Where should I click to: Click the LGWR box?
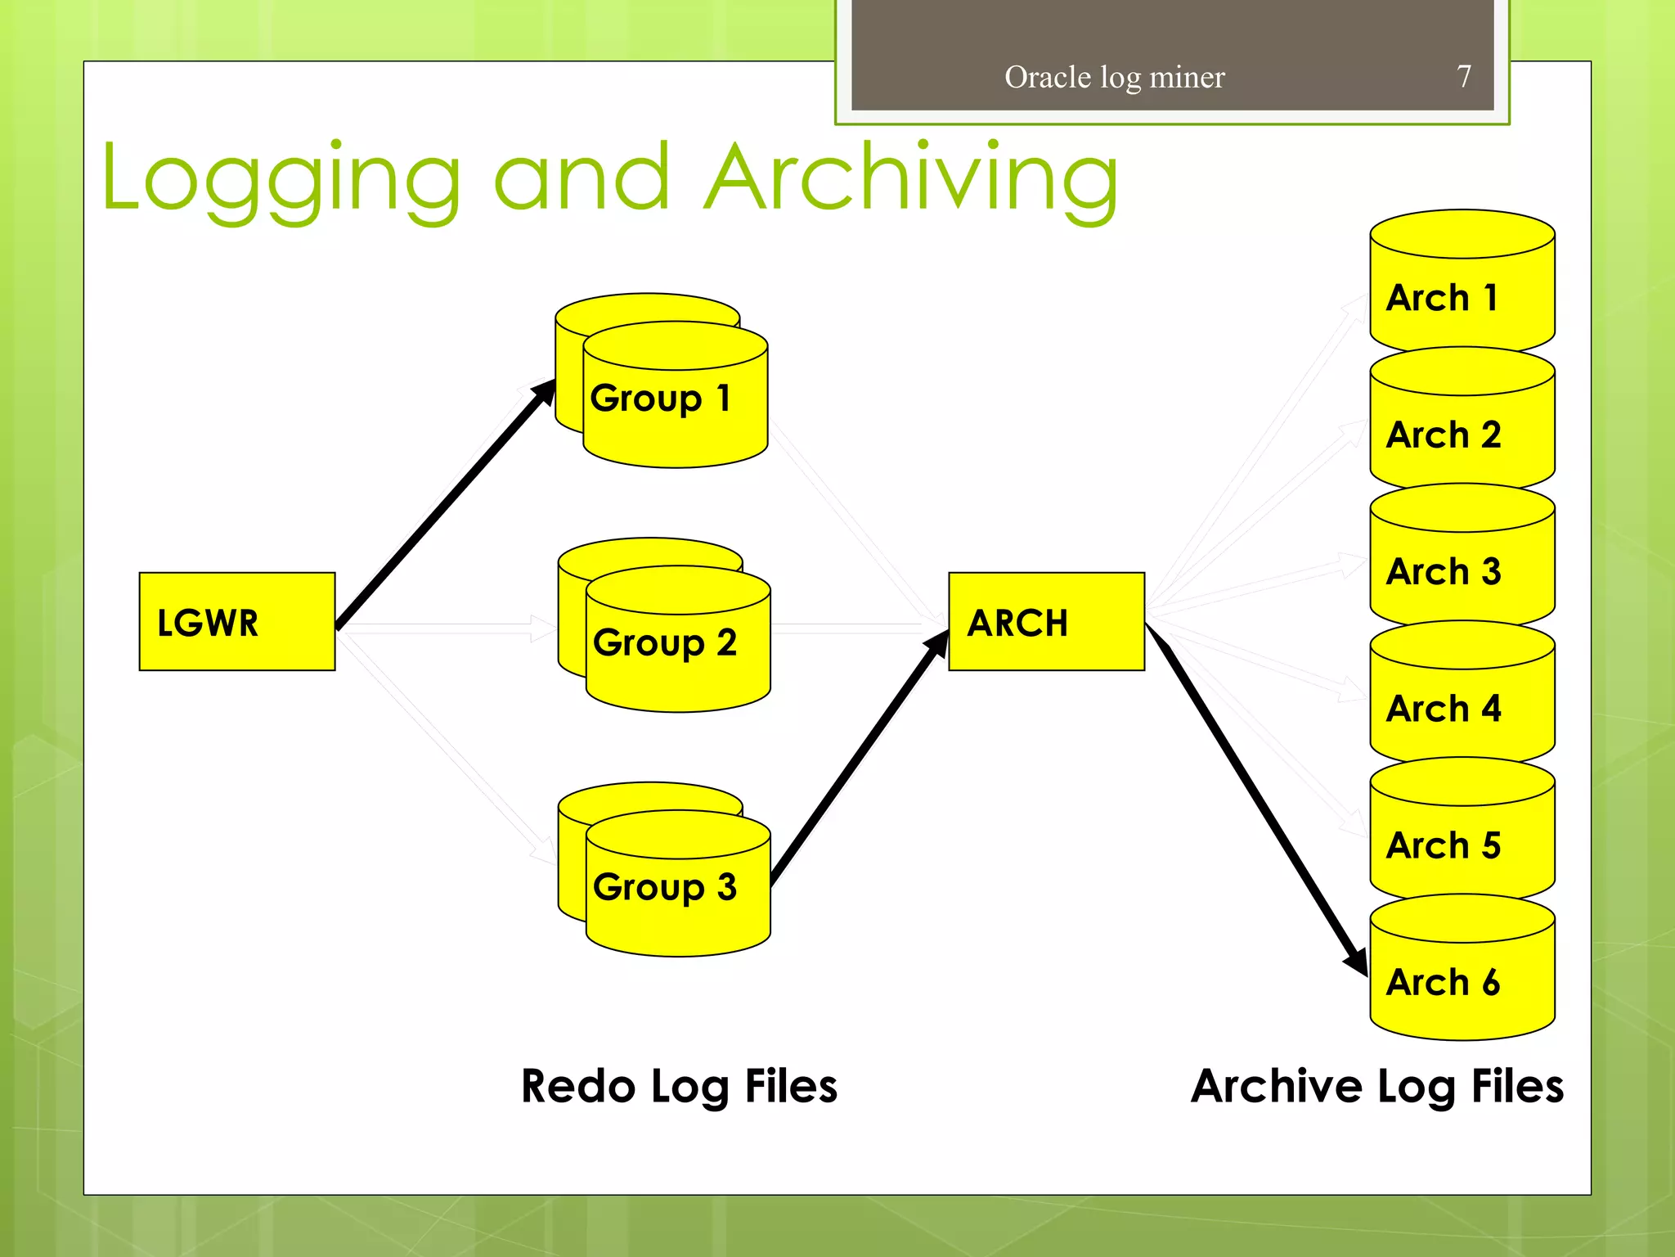pos(236,621)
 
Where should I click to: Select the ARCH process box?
pos(1046,621)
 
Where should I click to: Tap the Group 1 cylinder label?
pos(661,399)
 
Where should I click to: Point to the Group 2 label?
pos(665,642)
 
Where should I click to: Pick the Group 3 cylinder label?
pos(665,887)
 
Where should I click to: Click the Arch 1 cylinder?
pos(1462,298)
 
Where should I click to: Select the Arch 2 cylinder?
pos(1462,435)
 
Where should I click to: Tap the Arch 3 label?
pos(1444,571)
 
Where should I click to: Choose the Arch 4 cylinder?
pos(1462,708)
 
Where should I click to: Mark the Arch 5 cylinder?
pos(1462,845)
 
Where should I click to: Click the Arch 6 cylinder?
pos(1462,982)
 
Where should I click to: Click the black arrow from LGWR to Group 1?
pos(446,504)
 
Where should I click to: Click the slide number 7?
pos(1464,76)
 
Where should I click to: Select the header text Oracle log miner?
pos(1114,77)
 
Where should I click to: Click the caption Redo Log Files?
pos(679,1086)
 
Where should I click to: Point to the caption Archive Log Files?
pos(1376,1086)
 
